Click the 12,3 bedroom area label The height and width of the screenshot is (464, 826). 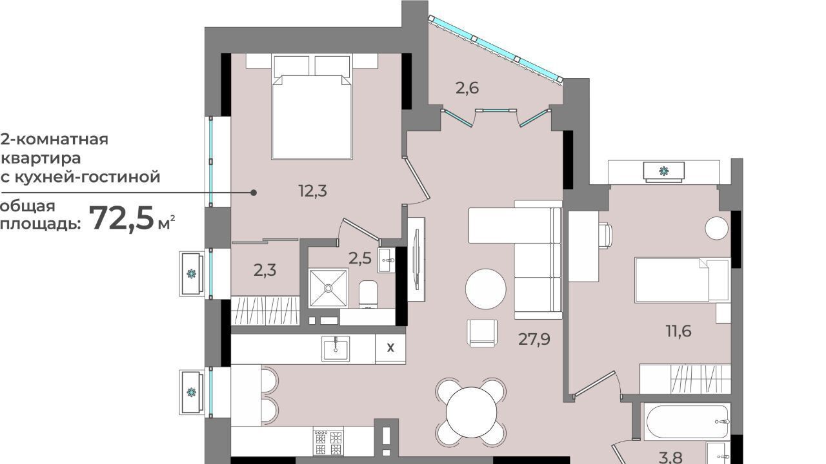coord(313,191)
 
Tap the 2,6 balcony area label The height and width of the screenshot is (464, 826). coord(467,88)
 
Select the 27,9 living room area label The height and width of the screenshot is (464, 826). coord(534,339)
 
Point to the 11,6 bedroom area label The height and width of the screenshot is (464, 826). coord(678,331)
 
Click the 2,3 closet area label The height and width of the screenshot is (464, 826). coord(265,271)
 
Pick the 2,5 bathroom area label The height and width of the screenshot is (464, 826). coord(360,258)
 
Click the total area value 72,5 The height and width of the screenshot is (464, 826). coord(121,218)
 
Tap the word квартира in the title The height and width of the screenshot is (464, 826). coord(41,159)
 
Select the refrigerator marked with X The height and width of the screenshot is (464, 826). coord(390,348)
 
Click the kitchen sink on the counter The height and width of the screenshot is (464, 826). coord(336,349)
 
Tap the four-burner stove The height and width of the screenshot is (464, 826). coord(328,442)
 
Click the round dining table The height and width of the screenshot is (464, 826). coord(471,412)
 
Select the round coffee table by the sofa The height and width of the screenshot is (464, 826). coord(486,289)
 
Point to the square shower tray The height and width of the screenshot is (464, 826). coord(328,288)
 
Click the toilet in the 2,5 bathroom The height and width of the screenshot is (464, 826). coord(368,295)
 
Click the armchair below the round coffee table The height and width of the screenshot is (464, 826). coord(482,333)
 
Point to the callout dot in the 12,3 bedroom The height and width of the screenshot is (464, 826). coord(254,193)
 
